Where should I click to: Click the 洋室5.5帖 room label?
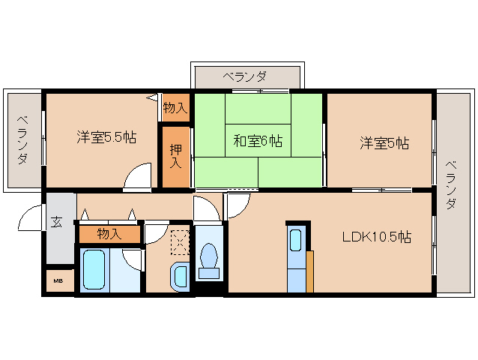(106, 137)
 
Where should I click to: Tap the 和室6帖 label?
(258, 141)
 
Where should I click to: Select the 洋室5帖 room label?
(384, 142)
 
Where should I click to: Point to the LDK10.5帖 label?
(377, 237)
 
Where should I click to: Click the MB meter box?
(58, 280)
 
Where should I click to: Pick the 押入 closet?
(175, 157)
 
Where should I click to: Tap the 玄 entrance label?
(56, 222)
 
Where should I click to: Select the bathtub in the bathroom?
(94, 269)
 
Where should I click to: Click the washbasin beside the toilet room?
(180, 277)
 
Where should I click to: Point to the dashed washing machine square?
(180, 243)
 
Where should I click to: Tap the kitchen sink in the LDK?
(295, 240)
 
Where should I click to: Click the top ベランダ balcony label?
(245, 76)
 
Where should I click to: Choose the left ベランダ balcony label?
(22, 140)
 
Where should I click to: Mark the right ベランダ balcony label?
(451, 185)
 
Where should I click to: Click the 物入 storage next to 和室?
(175, 108)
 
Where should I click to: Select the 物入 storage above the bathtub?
(109, 234)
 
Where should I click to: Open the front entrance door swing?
(29, 217)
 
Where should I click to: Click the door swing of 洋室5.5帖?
(138, 176)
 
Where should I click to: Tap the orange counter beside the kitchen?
(309, 271)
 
